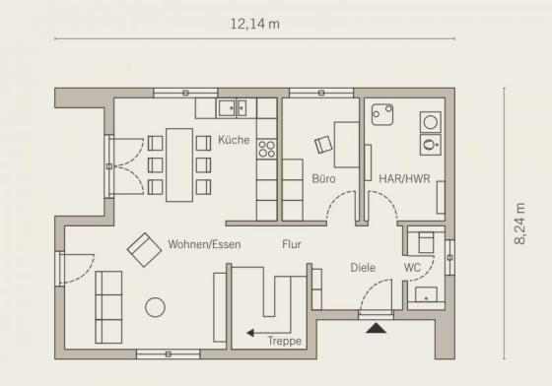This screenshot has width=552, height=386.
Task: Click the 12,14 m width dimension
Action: pos(255,24)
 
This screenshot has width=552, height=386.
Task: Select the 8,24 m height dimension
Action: pos(519,224)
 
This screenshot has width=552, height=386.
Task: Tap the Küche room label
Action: pos(234,140)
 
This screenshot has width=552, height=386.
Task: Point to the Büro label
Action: pos(323,178)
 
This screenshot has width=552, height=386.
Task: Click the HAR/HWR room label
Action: pos(404,178)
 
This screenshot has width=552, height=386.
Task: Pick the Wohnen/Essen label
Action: pos(205,244)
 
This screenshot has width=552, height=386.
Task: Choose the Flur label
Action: pos(292,244)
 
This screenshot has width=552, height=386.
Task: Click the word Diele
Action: pos(363,268)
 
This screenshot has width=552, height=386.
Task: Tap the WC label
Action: pos(412,268)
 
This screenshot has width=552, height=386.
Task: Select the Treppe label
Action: pos(285,341)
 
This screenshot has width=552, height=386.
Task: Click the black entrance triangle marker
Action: pos(376,328)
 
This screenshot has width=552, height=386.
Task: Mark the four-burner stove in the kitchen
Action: pos(266,149)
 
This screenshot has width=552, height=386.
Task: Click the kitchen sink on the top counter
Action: pos(232,107)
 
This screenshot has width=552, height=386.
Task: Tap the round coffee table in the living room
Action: pos(156,307)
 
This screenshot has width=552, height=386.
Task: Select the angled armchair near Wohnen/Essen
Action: pos(144,249)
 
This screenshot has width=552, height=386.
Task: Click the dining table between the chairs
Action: pos(179,164)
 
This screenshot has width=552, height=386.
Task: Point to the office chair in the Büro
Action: pos(323,145)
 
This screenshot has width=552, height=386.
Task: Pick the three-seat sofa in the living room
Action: pos(108,307)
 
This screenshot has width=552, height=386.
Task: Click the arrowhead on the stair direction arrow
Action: pos(250,332)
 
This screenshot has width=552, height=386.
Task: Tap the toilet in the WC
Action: pos(426,242)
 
